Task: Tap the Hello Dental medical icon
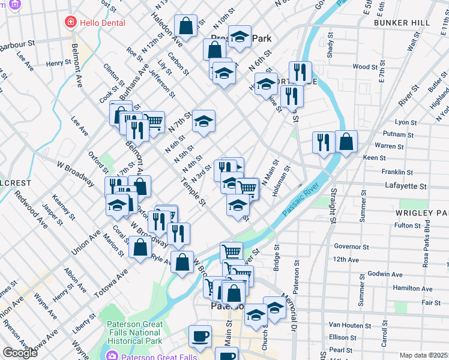(70, 23)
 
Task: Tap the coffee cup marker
(200, 337)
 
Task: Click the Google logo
(20, 353)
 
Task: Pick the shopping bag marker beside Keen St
(346, 142)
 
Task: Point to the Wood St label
(364, 67)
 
